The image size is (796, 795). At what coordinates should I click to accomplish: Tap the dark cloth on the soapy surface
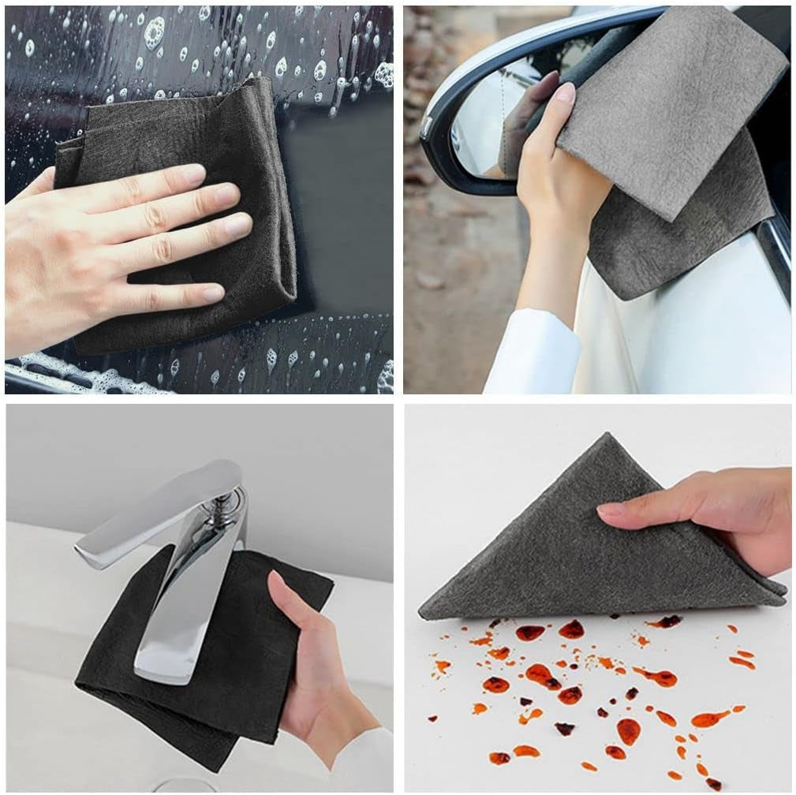coord(237,134)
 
